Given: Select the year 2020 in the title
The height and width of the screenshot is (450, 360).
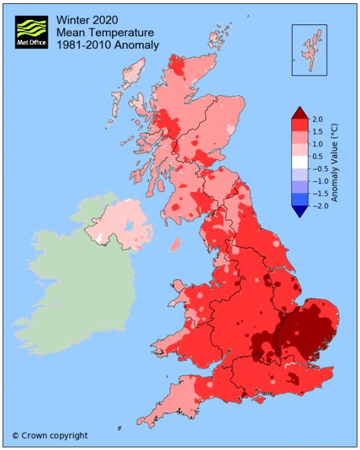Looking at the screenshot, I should point(105,19).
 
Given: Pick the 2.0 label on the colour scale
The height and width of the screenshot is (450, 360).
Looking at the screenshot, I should point(318,119).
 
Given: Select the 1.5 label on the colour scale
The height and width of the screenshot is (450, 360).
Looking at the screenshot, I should point(318,131).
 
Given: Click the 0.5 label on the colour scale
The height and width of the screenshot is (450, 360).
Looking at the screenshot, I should point(318,156).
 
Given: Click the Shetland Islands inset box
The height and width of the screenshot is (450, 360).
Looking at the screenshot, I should point(309,50).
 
